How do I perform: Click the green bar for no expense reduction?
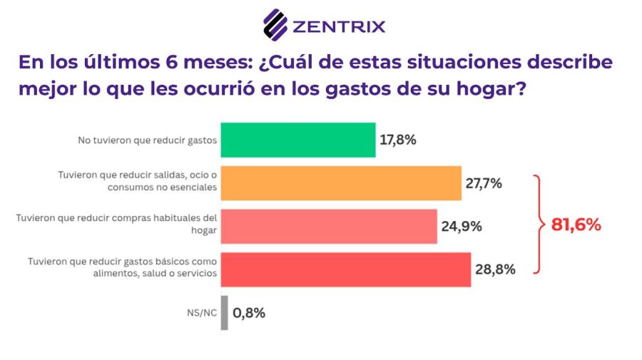[x=298, y=140]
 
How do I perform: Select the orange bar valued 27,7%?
[x=341, y=183]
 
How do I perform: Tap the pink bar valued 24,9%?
[x=329, y=227]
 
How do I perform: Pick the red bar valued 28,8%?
[x=346, y=269]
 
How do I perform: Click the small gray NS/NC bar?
[x=225, y=313]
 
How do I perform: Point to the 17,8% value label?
[x=398, y=140]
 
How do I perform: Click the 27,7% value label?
[x=484, y=183]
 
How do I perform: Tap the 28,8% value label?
[x=495, y=269]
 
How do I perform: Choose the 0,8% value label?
[x=249, y=313]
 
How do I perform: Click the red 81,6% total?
[x=576, y=225]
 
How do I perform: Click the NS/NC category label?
[x=200, y=313]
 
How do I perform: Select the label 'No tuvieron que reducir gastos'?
[x=146, y=140]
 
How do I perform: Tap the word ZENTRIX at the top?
[x=340, y=27]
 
